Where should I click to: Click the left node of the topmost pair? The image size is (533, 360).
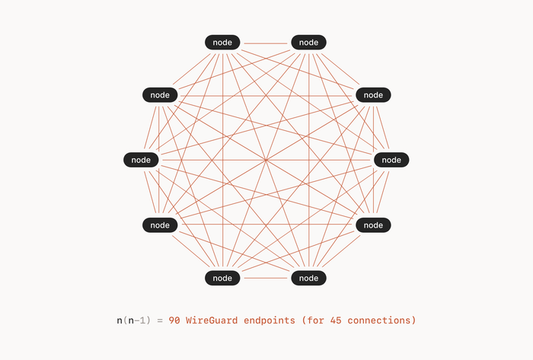[222, 43]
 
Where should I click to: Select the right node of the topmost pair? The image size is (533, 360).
[308, 43]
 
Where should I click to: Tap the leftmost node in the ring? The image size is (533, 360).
[141, 160]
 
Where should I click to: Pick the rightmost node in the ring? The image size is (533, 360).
[391, 160]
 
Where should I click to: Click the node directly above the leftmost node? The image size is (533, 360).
[160, 95]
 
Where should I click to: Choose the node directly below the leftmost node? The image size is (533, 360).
[160, 225]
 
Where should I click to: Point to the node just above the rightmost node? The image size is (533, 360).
[373, 95]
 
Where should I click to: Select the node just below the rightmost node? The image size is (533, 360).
[373, 225]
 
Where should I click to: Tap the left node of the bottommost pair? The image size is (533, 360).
[222, 278]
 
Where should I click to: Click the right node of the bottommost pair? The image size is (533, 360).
[308, 278]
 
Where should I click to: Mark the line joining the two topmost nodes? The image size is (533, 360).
[266, 43]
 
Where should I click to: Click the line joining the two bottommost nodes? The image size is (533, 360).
[266, 278]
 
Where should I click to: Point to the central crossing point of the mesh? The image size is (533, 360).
[266, 160]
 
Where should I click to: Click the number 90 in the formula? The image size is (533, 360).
[174, 320]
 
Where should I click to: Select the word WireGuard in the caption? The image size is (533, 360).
[212, 320]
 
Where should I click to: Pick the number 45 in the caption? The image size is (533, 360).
[336, 320]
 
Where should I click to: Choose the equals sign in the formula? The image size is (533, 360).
[160, 320]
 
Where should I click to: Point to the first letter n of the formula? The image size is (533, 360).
[120, 321]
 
